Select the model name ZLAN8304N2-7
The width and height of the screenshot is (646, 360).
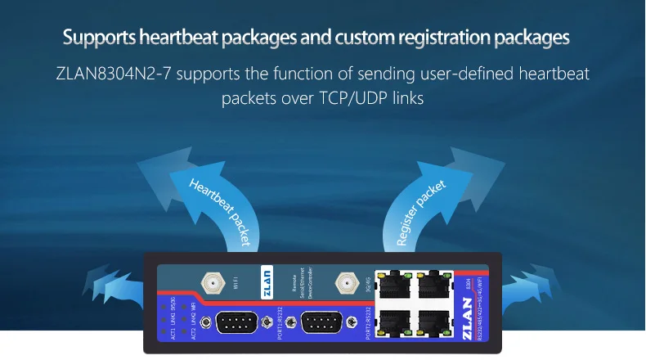coord(114,75)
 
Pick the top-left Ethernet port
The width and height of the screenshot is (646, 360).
coord(390,286)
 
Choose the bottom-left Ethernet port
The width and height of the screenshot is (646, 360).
coord(390,322)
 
